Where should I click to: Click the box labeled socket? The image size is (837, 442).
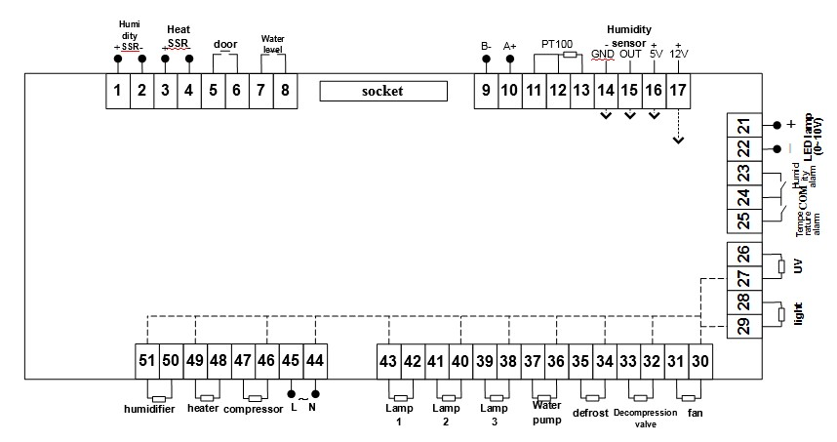click(383, 91)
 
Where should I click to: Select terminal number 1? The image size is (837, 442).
click(117, 92)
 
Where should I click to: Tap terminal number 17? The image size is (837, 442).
click(677, 92)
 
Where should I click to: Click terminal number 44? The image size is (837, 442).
click(314, 360)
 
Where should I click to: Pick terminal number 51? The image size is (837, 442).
click(146, 360)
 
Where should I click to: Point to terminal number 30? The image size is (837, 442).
click(699, 360)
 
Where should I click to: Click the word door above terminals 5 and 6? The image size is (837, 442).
click(224, 44)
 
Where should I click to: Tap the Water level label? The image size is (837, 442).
click(272, 44)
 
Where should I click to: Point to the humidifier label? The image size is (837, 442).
click(149, 409)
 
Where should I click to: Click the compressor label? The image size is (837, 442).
click(254, 409)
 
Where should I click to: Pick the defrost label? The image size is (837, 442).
click(591, 412)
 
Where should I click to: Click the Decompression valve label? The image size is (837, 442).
click(640, 417)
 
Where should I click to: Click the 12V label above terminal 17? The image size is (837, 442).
click(679, 54)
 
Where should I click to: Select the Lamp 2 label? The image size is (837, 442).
click(446, 415)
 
